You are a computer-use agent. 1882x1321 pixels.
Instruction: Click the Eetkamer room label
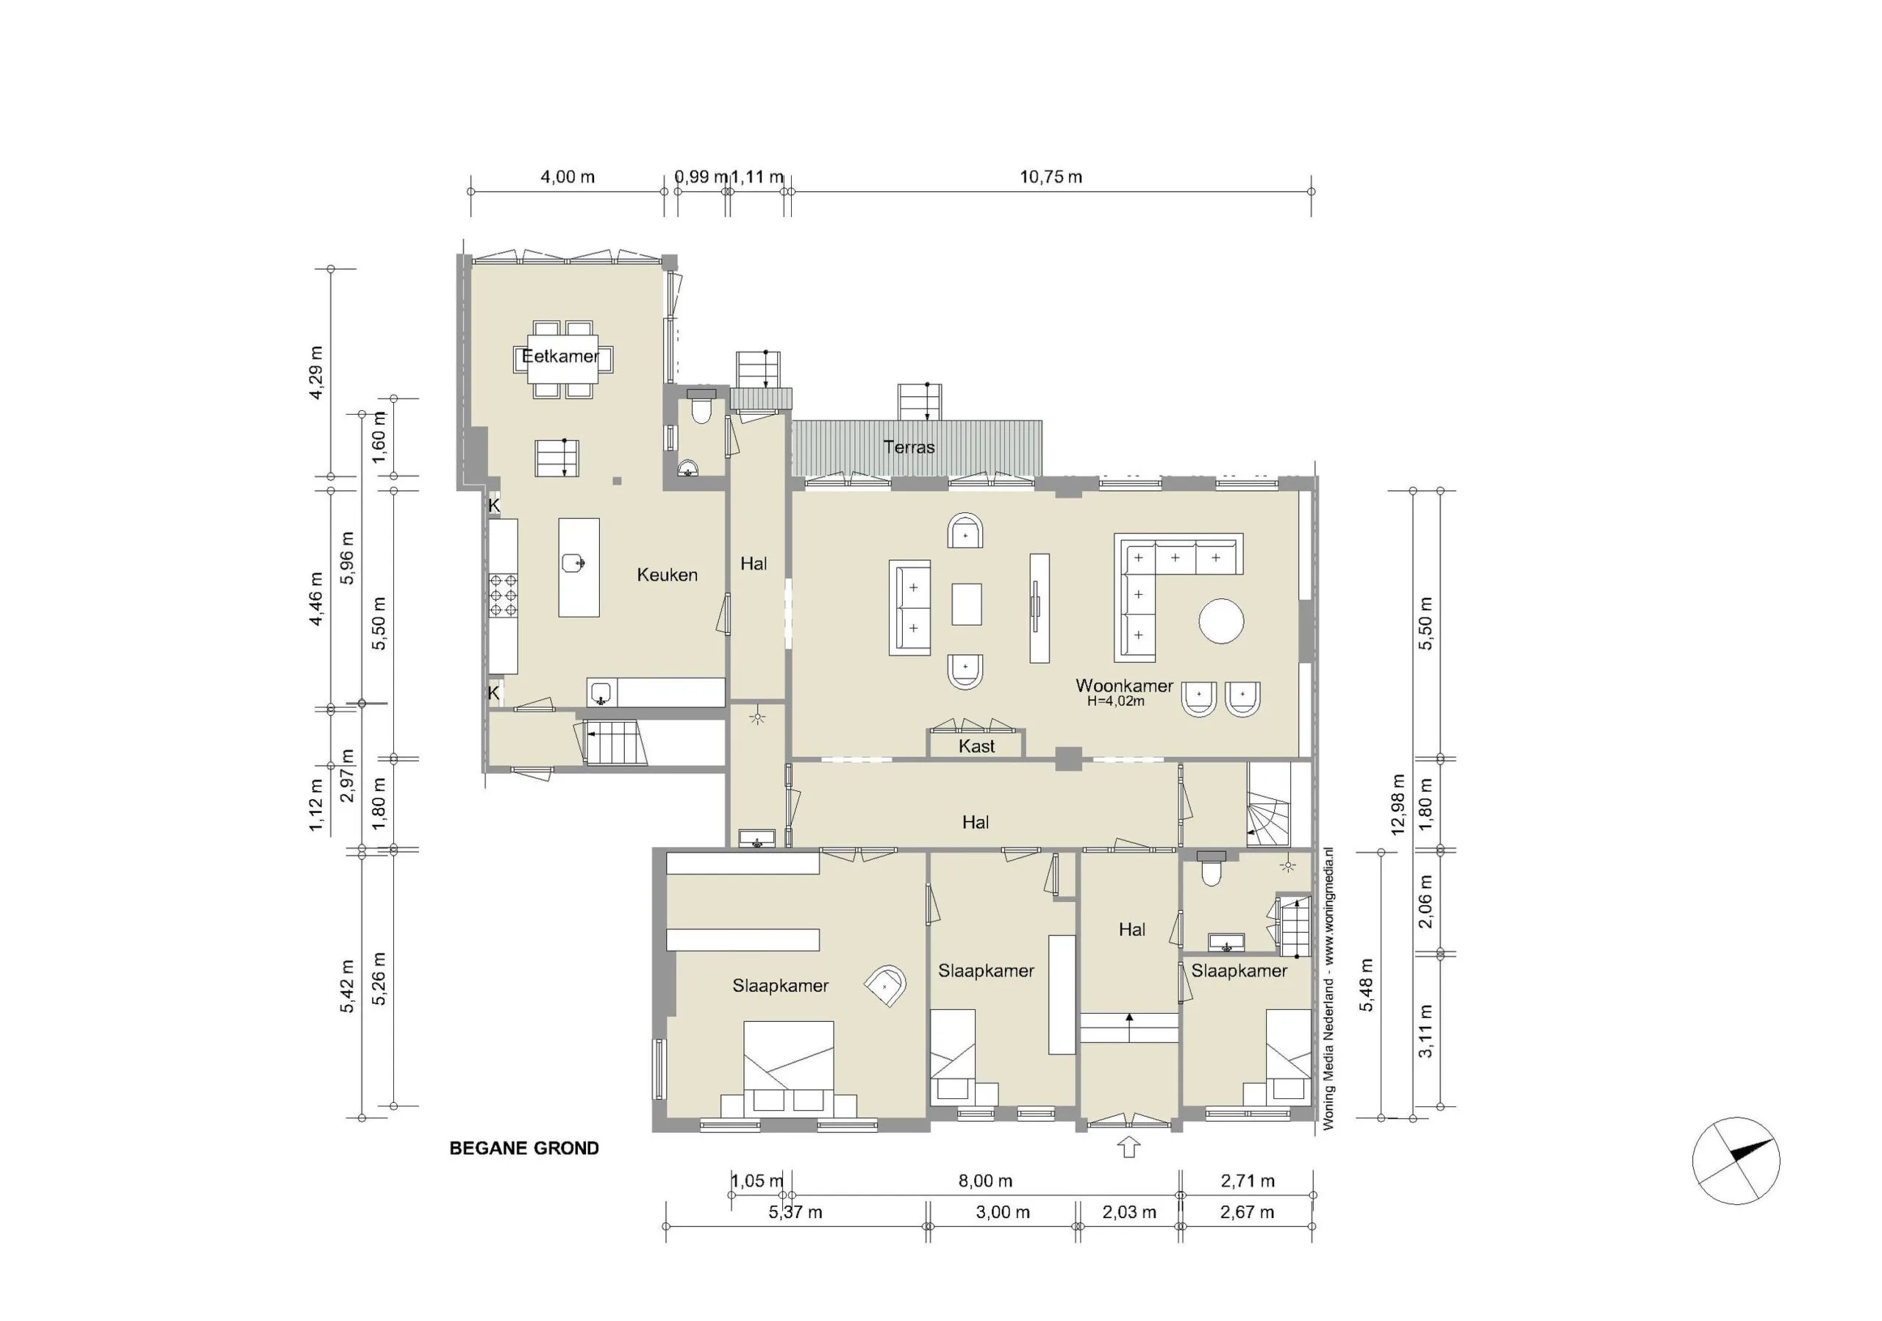pyautogui.click(x=560, y=357)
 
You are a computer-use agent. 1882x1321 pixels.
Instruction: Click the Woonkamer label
pyautogui.click(x=1123, y=685)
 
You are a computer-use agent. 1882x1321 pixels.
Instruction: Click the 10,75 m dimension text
pyautogui.click(x=1050, y=177)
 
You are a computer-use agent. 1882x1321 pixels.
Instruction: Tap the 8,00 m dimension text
pyautogui.click(x=985, y=1181)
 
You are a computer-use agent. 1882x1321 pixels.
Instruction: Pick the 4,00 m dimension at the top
pyautogui.click(x=568, y=177)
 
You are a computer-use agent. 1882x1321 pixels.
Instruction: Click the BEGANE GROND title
pyautogui.click(x=523, y=1148)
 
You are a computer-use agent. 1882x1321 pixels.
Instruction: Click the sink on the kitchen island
pyautogui.click(x=573, y=563)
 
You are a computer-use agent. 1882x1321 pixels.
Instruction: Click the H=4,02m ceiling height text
pyautogui.click(x=1114, y=701)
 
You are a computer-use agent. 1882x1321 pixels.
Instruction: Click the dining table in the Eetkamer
pyautogui.click(x=563, y=359)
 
